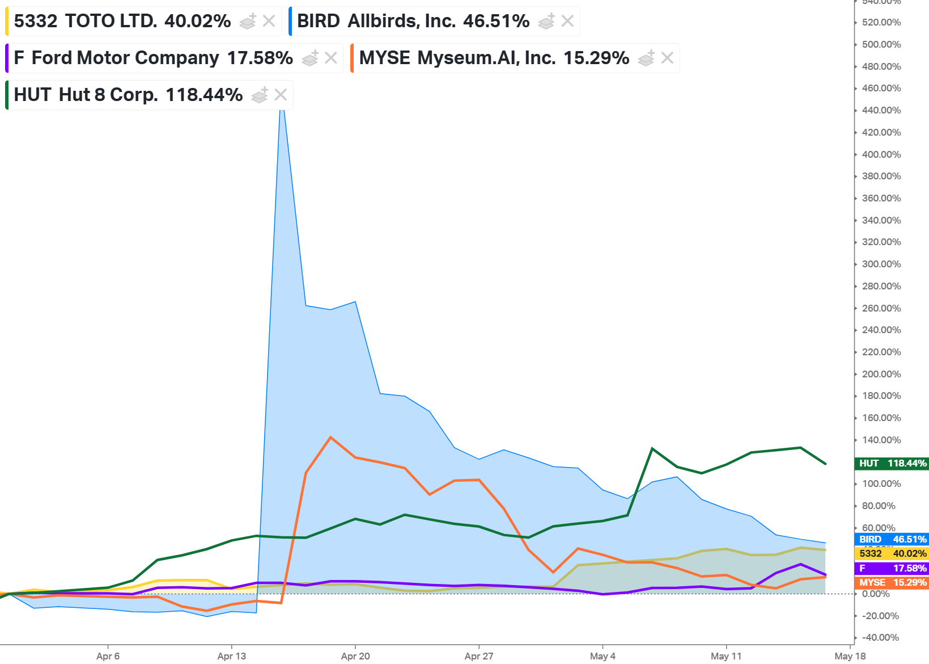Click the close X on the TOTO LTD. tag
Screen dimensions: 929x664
coord(269,21)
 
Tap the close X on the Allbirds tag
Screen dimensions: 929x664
coord(567,21)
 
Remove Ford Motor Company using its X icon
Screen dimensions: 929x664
coord(330,58)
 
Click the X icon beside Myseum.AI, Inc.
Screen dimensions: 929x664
coord(667,58)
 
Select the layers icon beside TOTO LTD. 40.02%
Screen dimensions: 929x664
coord(248,21)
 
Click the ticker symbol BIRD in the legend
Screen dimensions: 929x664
coord(319,21)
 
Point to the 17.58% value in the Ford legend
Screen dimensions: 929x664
coord(260,58)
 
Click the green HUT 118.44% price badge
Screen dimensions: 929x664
coord(892,463)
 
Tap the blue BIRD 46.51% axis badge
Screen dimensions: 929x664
coord(892,539)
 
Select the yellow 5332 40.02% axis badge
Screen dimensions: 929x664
coord(892,553)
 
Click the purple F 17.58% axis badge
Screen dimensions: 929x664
coord(892,568)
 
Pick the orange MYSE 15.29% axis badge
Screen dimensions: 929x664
coord(892,582)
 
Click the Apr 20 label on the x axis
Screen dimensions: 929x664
coord(355,656)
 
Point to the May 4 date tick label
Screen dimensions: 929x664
coord(603,656)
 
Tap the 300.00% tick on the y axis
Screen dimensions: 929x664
coord(881,264)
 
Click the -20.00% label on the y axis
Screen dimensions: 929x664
coord(880,616)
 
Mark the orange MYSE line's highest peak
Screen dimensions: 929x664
coord(330,437)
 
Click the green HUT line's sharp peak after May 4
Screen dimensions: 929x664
coord(652,448)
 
